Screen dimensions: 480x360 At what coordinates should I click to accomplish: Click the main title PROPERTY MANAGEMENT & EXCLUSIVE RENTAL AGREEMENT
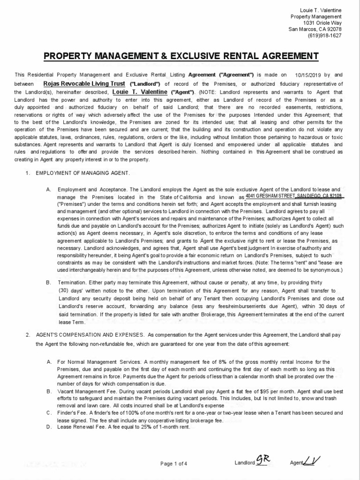(181, 57)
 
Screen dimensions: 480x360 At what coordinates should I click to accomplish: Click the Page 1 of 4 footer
(174, 464)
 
